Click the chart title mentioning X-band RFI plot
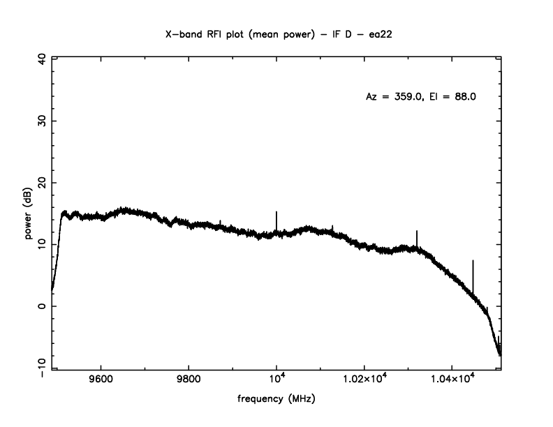(x=276, y=33)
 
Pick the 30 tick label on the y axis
(x=41, y=121)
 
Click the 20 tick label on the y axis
(x=41, y=182)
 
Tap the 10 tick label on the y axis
(x=41, y=244)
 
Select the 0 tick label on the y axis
(x=41, y=306)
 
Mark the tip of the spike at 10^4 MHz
(x=276, y=211)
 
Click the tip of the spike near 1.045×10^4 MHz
(x=473, y=261)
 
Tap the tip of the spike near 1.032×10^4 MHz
(x=417, y=231)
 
